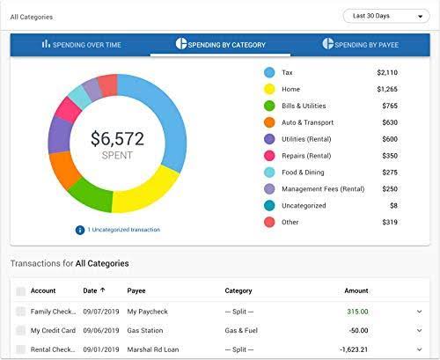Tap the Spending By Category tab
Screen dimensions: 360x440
coord(221,44)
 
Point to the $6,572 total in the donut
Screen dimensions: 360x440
coord(117,138)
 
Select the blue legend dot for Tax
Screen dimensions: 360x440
coord(269,72)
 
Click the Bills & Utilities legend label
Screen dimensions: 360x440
coord(304,106)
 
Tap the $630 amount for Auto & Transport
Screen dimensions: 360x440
coord(389,122)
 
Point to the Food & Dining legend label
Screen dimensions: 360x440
coord(303,173)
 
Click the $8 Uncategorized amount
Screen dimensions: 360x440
coord(392,206)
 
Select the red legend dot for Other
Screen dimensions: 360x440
coord(269,223)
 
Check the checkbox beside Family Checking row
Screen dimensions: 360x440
coord(20,311)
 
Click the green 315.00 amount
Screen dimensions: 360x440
coord(356,311)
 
